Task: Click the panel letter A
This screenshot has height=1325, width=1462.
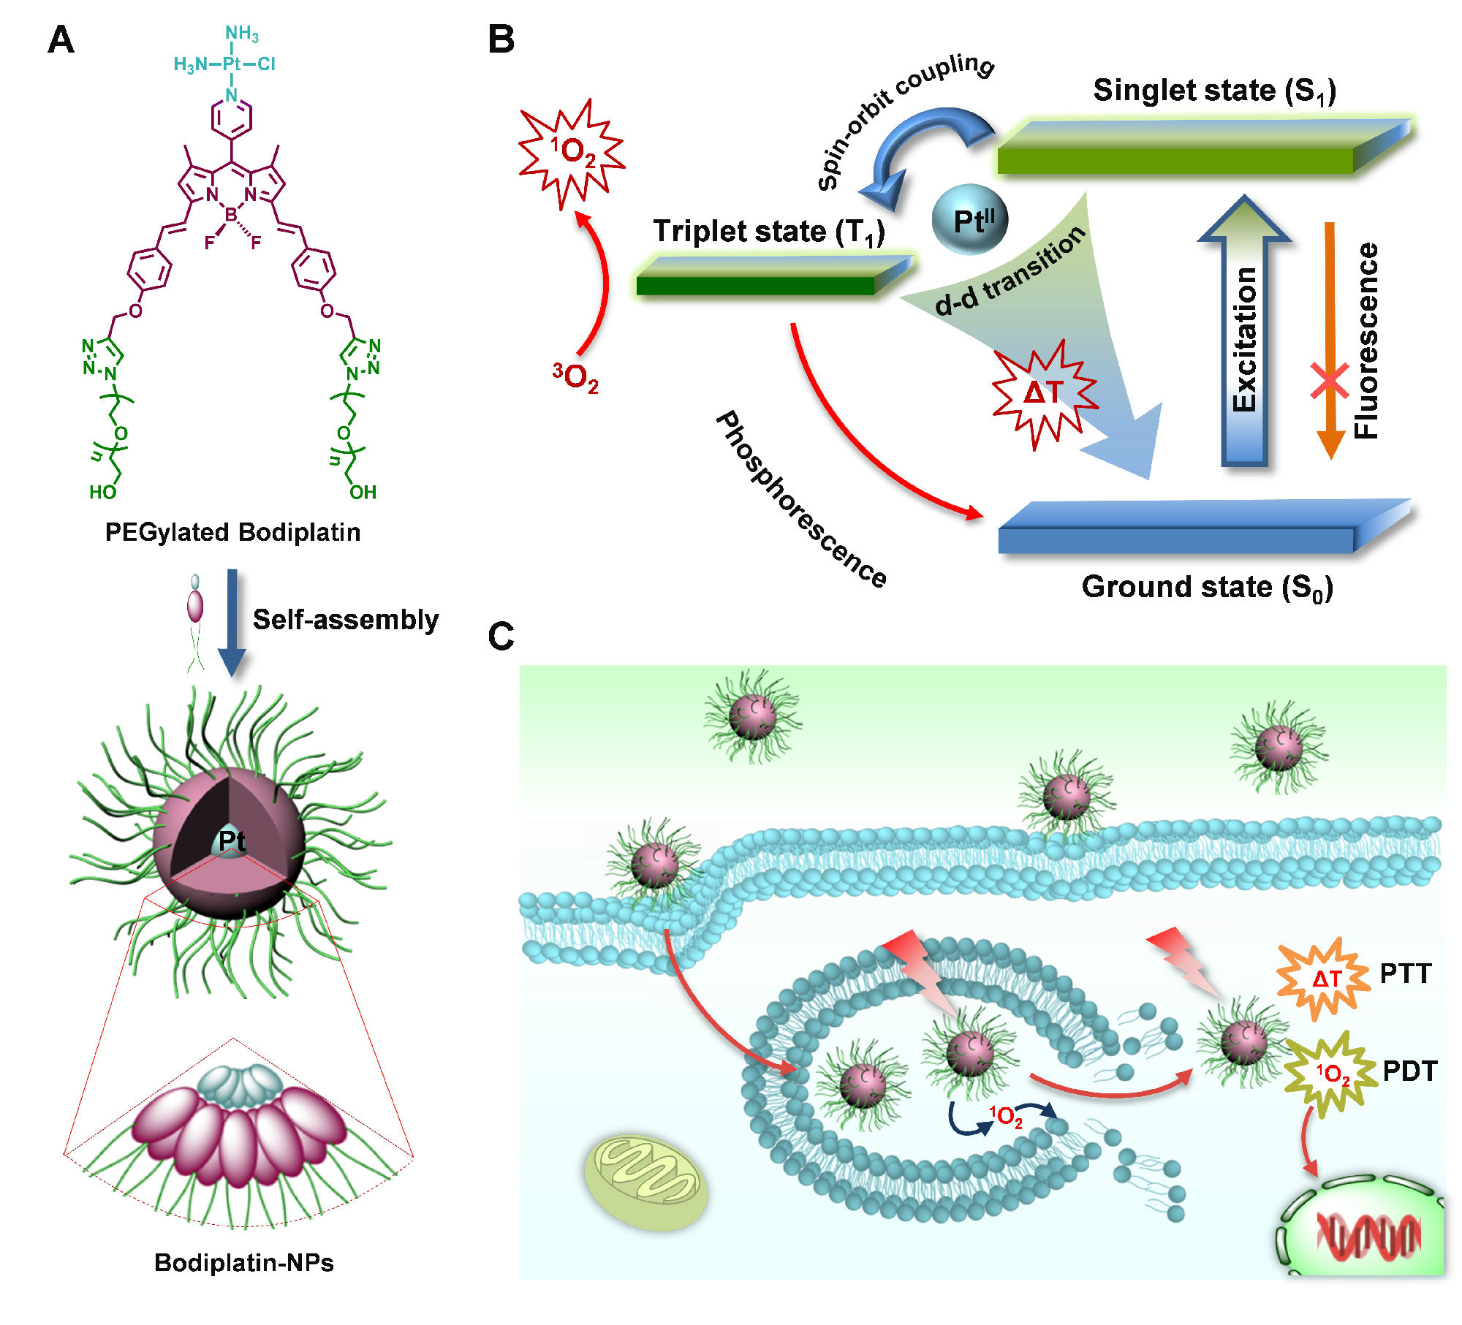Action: (x=61, y=39)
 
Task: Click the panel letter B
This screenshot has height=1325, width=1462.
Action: (x=501, y=39)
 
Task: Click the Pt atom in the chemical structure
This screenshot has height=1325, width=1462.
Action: (x=232, y=64)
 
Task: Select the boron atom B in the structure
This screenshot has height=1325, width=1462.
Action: (x=231, y=215)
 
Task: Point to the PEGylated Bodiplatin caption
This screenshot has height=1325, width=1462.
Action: (x=232, y=532)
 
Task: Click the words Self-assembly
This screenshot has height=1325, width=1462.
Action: (x=346, y=620)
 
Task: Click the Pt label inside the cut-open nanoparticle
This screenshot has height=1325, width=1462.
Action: (x=232, y=841)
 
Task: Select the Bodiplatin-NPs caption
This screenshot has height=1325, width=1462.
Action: (x=244, y=1263)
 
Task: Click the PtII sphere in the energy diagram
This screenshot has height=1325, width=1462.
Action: (x=970, y=219)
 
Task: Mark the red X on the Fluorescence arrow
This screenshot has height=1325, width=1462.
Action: (x=1330, y=381)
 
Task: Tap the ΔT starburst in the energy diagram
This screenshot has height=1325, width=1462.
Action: (x=1044, y=393)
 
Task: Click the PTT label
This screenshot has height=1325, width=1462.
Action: (x=1405, y=974)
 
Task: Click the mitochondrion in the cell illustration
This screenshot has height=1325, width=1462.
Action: (x=645, y=1182)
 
